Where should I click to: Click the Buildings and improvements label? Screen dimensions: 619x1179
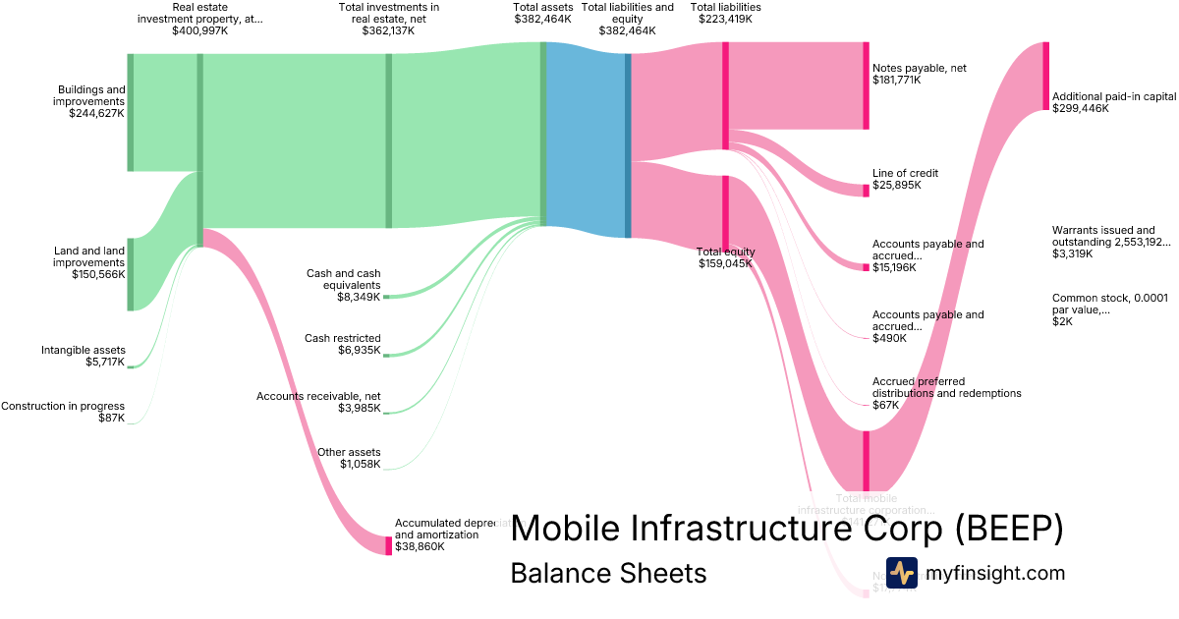(89, 101)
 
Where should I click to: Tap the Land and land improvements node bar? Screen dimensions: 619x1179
(130, 273)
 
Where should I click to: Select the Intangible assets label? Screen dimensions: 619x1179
(84, 356)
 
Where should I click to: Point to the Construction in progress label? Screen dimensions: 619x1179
(63, 412)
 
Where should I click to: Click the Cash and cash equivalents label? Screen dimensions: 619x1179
(344, 285)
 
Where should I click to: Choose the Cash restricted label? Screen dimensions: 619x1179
(343, 344)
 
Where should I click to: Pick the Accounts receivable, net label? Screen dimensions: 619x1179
(318, 402)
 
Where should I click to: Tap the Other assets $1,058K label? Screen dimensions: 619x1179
(349, 458)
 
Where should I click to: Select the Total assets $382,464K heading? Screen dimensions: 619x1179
(541, 13)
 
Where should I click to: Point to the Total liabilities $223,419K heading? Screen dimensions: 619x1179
(725, 13)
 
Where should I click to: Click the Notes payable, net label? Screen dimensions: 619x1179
(919, 74)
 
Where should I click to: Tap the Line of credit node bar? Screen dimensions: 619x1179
(866, 191)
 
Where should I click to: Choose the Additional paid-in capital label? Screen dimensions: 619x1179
(1113, 102)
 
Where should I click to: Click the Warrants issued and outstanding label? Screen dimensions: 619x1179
(1110, 242)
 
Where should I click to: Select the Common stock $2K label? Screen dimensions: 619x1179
(1110, 309)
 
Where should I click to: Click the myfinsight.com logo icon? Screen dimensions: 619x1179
(901, 573)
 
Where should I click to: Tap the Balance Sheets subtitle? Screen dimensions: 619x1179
(608, 573)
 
